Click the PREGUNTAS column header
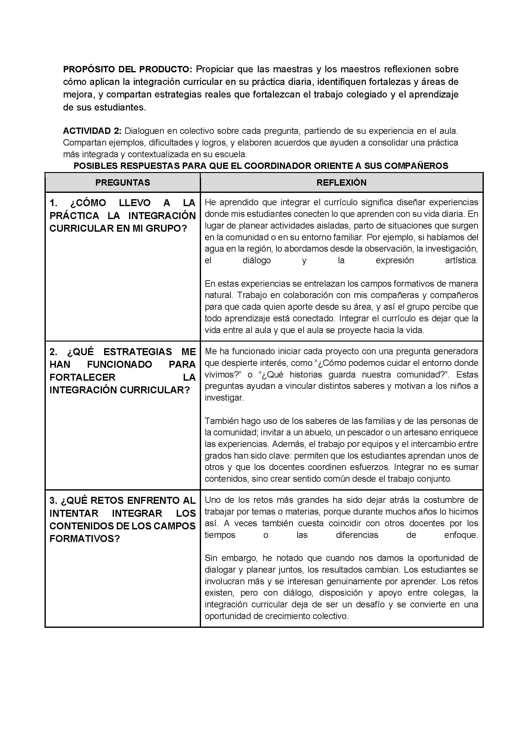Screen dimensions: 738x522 [122, 182]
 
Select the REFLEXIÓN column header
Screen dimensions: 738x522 [341, 182]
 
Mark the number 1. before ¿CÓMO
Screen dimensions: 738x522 [53, 203]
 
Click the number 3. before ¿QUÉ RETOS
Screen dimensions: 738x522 [53, 500]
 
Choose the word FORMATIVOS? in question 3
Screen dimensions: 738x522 [85, 539]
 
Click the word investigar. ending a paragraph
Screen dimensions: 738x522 [224, 398]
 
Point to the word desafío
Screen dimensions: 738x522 [369, 604]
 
